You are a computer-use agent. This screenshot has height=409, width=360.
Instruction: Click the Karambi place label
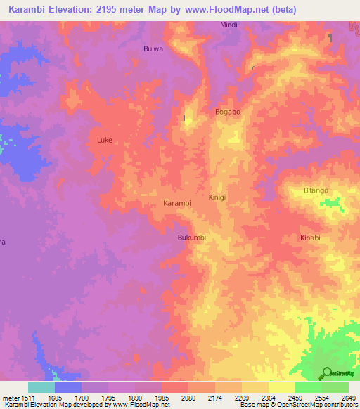(x=177, y=203)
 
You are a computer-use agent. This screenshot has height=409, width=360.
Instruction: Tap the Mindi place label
(x=229, y=25)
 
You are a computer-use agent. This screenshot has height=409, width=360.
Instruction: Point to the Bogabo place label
(x=227, y=112)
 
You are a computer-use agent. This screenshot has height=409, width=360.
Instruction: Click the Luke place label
(x=104, y=140)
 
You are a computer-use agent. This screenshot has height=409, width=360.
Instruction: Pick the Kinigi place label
(x=217, y=197)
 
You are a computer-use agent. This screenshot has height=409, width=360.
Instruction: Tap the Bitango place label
(x=316, y=190)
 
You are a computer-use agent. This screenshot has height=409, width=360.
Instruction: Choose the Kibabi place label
(x=311, y=238)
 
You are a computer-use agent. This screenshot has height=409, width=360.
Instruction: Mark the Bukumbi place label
(x=192, y=238)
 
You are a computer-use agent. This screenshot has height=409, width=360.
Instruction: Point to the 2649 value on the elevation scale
(x=348, y=398)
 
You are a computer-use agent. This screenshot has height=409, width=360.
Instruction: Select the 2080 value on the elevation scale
(x=188, y=398)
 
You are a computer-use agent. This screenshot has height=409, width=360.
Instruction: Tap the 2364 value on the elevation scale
(x=268, y=398)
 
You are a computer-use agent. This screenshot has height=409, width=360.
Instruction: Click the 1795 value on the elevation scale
(x=108, y=398)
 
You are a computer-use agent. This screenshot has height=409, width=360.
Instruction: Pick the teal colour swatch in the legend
(x=41, y=387)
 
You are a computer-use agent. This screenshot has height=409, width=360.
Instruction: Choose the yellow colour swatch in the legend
(x=281, y=387)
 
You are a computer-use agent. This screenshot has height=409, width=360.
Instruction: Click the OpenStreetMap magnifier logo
(x=328, y=373)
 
